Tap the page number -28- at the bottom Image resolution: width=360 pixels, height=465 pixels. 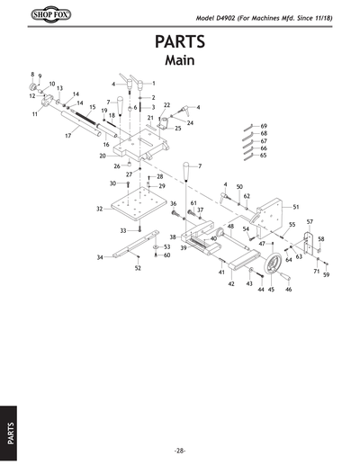point(180,449)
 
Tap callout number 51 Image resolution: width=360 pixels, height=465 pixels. point(295,207)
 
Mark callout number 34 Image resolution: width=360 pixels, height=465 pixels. point(100,257)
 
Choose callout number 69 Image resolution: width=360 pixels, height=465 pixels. point(264,127)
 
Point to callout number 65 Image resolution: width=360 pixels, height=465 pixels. point(264,156)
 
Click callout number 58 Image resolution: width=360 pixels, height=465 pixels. point(321,239)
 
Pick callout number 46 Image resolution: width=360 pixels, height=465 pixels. point(288,291)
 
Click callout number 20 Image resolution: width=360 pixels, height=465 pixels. point(103,156)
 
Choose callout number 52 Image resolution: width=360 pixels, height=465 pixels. point(138,268)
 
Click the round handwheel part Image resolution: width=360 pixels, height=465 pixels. point(273,267)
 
